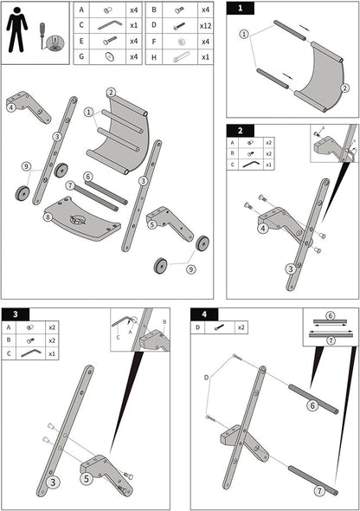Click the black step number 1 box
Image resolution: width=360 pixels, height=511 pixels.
241,8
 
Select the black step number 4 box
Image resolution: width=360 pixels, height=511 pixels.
204,314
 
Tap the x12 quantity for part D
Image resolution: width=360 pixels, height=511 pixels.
205,26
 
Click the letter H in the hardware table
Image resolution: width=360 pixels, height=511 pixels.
154,57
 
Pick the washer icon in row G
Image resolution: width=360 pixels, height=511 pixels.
110,56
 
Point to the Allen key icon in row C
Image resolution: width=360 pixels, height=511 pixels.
109,25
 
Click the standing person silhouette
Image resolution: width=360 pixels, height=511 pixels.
17,29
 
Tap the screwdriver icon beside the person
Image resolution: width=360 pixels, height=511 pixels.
42,35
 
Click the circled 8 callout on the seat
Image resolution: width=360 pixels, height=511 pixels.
48,217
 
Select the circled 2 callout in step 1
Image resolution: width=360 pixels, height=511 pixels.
345,88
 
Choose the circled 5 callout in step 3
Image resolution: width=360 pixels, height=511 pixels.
87,479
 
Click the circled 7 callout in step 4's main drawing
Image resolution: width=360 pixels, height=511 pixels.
319,490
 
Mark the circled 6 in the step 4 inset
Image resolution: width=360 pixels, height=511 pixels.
330,315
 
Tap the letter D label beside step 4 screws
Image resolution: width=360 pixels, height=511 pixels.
206,378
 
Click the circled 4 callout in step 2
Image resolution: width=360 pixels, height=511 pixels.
263,229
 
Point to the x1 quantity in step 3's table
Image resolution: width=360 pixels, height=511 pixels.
52,353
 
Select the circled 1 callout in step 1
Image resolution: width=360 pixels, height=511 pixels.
244,34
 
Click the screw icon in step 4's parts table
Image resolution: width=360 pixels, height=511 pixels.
219,327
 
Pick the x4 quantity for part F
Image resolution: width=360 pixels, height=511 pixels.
205,42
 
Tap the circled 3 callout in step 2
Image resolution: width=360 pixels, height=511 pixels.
291,269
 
